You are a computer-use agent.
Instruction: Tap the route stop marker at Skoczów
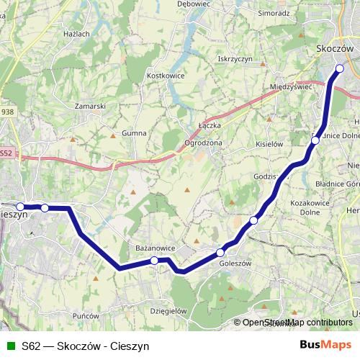(340, 69)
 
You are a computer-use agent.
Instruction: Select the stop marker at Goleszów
(221, 252)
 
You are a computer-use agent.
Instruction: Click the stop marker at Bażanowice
(154, 260)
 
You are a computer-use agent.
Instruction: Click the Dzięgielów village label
(168, 310)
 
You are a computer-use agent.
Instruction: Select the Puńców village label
(86, 315)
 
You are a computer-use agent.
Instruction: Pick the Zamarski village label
(91, 106)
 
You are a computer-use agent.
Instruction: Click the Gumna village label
(134, 133)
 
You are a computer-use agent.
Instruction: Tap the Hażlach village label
(76, 34)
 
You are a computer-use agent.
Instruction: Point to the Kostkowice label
(166, 75)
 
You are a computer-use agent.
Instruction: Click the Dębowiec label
(192, 4)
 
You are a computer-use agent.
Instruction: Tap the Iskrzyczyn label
(235, 59)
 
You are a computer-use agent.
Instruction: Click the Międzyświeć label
(291, 86)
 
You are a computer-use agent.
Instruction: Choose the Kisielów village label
(269, 144)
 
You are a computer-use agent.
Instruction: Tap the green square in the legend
(11, 346)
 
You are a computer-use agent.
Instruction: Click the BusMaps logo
(325, 345)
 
